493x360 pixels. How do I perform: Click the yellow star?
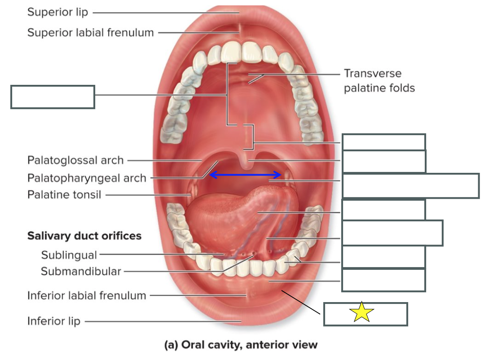click(361, 312)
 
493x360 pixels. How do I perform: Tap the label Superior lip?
click(57, 12)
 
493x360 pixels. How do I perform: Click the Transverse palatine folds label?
click(379, 80)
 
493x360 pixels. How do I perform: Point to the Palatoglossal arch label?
click(75, 160)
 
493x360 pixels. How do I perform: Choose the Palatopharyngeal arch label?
click(87, 178)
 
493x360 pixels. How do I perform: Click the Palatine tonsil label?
click(64, 195)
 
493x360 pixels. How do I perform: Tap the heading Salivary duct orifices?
click(84, 236)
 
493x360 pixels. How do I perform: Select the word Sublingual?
click(69, 255)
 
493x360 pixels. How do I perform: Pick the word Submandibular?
click(81, 271)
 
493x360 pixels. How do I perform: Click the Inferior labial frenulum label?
click(87, 295)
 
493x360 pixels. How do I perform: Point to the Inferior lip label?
click(54, 321)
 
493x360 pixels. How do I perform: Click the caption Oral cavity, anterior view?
click(241, 345)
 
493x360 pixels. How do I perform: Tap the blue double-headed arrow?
click(245, 175)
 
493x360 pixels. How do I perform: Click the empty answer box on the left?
click(53, 97)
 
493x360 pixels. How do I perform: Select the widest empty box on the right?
click(410, 186)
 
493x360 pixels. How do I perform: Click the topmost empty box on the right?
click(383, 142)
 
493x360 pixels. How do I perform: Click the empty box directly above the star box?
click(383, 280)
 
